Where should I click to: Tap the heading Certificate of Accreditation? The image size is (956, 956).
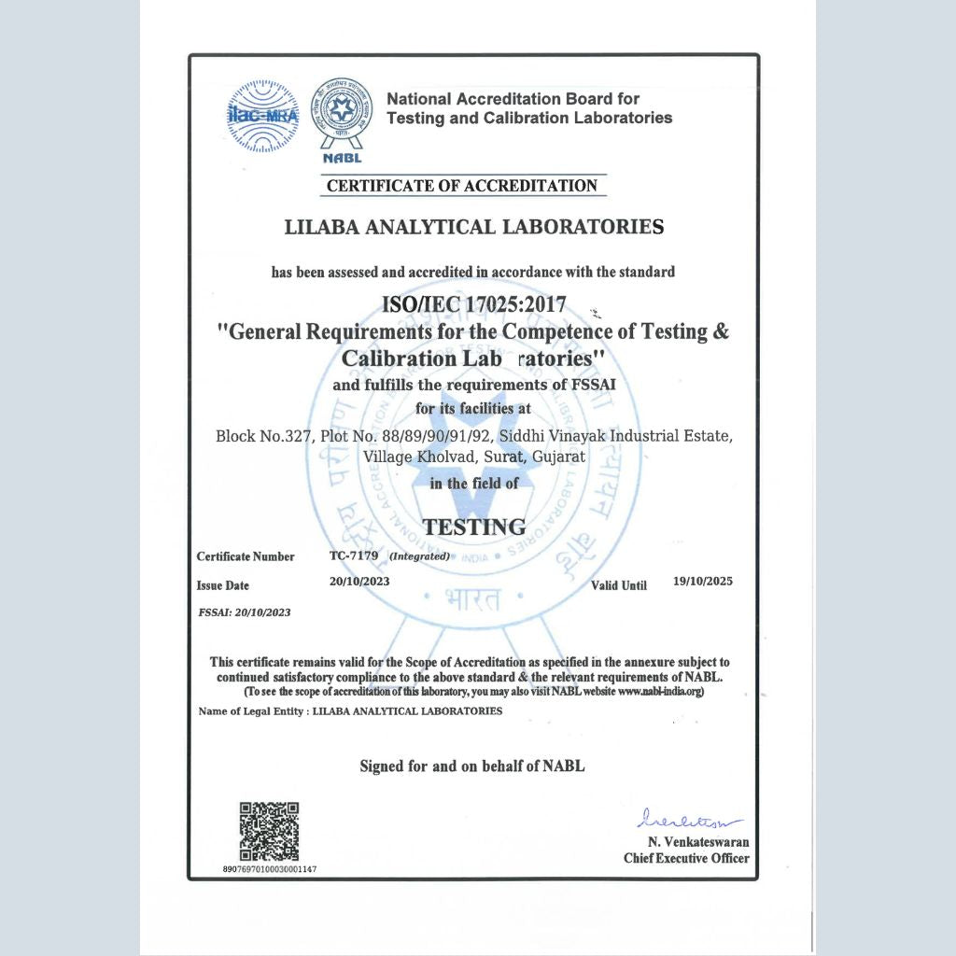(x=461, y=185)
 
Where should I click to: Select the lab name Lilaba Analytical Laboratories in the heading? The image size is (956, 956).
(x=473, y=227)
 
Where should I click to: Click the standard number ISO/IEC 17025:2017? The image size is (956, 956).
(x=473, y=305)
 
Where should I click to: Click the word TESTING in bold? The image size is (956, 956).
(x=473, y=527)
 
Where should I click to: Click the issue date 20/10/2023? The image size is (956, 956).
(x=359, y=581)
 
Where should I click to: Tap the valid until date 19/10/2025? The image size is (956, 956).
(x=702, y=581)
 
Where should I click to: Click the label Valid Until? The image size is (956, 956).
(x=619, y=586)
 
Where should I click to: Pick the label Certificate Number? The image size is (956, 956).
(x=246, y=556)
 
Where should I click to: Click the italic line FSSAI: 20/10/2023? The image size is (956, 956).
(x=245, y=612)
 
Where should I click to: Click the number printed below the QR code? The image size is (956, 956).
(x=270, y=869)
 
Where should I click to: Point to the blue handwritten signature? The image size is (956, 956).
(x=689, y=820)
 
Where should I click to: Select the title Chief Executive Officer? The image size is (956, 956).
(x=686, y=858)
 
